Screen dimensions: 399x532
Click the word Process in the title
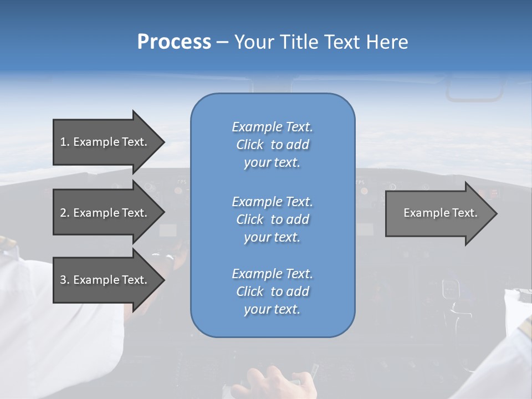pyautogui.click(x=174, y=42)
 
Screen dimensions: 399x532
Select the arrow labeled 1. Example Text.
pyautogui.click(x=105, y=142)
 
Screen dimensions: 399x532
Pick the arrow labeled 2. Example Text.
pyautogui.click(x=105, y=213)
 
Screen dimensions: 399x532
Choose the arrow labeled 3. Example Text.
pyautogui.click(x=105, y=280)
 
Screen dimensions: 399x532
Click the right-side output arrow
pyautogui.click(x=438, y=213)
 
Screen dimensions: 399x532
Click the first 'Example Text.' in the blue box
pyautogui.click(x=272, y=127)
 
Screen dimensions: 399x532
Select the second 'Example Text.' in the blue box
pyautogui.click(x=272, y=201)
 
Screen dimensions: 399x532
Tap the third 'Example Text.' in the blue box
pyautogui.click(x=272, y=274)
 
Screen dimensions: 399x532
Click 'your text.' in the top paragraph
pyautogui.click(x=272, y=163)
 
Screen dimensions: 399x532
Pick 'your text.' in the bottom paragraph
pyautogui.click(x=272, y=310)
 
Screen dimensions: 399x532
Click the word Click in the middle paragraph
pyautogui.click(x=249, y=219)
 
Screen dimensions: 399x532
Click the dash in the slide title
pyautogui.click(x=222, y=42)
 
